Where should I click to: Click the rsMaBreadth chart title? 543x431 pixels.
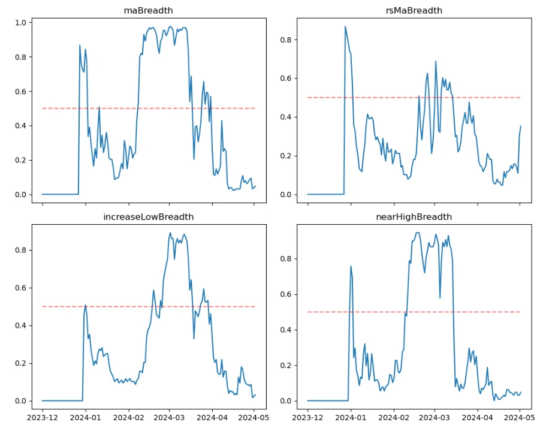(413, 10)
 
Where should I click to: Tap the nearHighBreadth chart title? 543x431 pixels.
(413, 216)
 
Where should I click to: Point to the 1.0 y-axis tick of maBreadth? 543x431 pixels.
(20, 23)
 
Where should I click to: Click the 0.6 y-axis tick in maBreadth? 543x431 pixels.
(20, 92)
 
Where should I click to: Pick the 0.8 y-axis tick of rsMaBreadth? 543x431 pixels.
(286, 40)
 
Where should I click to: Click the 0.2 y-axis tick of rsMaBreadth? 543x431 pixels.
(286, 156)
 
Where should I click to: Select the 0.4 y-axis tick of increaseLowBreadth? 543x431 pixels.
(20, 325)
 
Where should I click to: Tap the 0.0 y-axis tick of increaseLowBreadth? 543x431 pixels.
(20, 401)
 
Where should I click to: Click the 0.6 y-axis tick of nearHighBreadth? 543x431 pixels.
(286, 294)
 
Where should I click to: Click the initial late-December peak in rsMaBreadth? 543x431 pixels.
(345, 26)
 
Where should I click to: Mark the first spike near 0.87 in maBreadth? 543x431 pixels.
(80, 45)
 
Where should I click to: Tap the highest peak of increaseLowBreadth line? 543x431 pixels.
(170, 233)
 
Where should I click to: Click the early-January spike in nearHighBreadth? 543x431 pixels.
(351, 266)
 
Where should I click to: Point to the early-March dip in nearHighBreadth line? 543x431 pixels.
(440, 298)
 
